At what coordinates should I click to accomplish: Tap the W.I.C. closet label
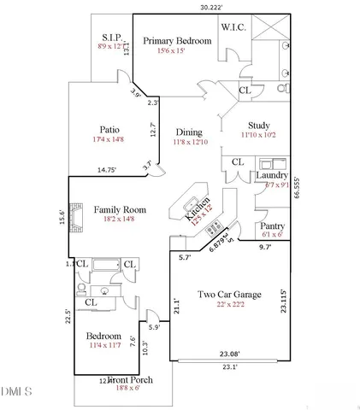(234, 27)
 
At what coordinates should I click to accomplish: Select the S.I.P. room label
(113, 38)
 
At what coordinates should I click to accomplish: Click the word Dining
(189, 132)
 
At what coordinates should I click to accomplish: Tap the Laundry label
(273, 175)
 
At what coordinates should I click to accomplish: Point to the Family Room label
(120, 209)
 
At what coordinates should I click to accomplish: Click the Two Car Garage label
(229, 295)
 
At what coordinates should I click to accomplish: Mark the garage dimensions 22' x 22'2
(229, 305)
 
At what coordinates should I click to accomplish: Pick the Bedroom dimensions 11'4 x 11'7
(103, 345)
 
